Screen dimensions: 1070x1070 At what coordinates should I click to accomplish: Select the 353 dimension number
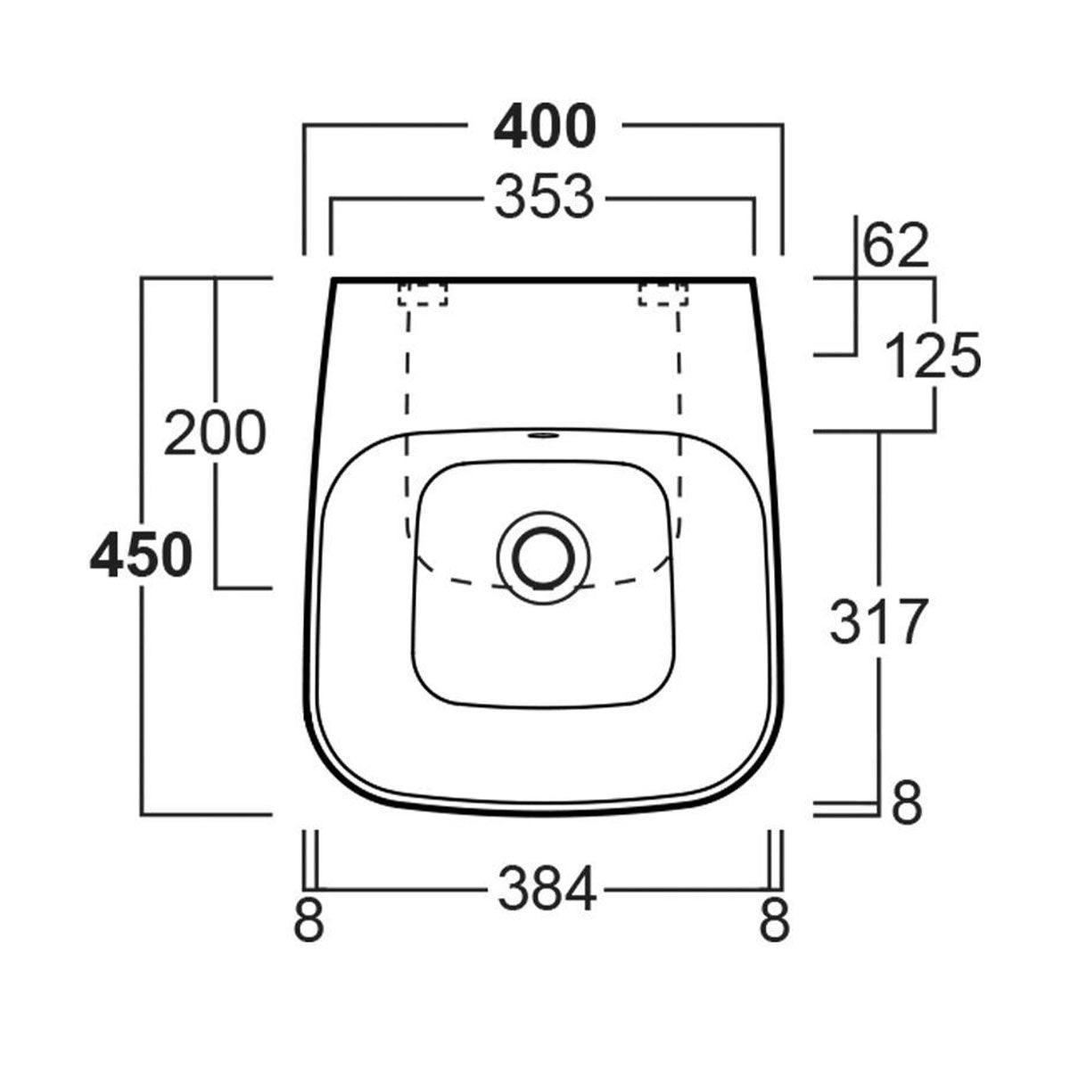click(544, 197)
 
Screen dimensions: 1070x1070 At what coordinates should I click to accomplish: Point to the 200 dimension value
click(215, 433)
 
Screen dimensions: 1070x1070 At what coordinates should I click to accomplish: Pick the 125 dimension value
click(933, 356)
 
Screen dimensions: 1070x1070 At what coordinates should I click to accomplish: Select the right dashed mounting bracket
click(663, 294)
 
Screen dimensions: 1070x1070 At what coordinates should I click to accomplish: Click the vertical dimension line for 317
click(880, 535)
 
